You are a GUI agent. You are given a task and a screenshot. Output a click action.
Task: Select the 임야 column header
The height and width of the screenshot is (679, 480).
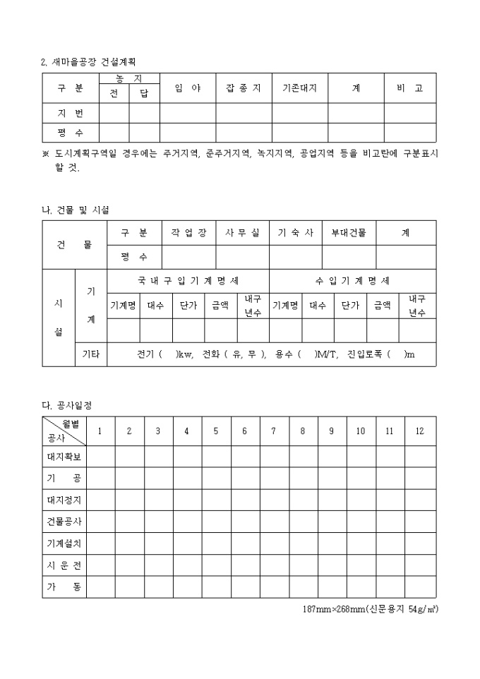pos(188,88)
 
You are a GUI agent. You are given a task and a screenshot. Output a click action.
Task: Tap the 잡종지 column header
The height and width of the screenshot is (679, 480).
pos(244,88)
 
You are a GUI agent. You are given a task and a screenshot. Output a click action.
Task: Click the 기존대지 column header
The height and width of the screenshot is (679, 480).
pos(299,88)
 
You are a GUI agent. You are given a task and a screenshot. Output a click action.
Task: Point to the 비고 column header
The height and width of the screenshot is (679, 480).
pos(409,88)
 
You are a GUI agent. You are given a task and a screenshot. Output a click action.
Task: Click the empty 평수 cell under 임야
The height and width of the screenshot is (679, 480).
pos(188,132)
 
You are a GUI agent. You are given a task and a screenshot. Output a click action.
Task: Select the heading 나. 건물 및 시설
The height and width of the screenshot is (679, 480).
pos(76,210)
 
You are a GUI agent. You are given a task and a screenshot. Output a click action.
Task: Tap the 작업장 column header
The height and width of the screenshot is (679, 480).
pos(188,232)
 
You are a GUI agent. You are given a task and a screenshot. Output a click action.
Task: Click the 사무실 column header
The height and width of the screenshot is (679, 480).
pos(242,232)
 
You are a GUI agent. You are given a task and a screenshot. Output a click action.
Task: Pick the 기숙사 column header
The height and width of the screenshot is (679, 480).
pos(296,232)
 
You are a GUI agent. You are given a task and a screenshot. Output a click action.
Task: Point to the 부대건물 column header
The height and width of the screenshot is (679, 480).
pos(349,232)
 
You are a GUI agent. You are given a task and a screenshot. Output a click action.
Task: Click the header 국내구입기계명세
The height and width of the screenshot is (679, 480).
pos(188,280)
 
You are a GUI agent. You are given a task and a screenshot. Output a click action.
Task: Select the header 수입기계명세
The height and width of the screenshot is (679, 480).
pos(352,280)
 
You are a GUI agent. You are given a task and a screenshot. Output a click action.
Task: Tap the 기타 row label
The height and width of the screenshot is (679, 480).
pos(91,354)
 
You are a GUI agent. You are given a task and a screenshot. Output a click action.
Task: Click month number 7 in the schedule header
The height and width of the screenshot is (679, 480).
pos(273,431)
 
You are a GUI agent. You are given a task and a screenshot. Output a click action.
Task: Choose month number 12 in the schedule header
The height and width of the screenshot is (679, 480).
pos(420,431)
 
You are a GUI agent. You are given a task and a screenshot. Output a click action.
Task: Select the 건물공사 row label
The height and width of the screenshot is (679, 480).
pos(64,522)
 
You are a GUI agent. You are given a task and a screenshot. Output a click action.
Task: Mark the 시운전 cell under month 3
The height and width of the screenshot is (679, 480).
pos(158,565)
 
